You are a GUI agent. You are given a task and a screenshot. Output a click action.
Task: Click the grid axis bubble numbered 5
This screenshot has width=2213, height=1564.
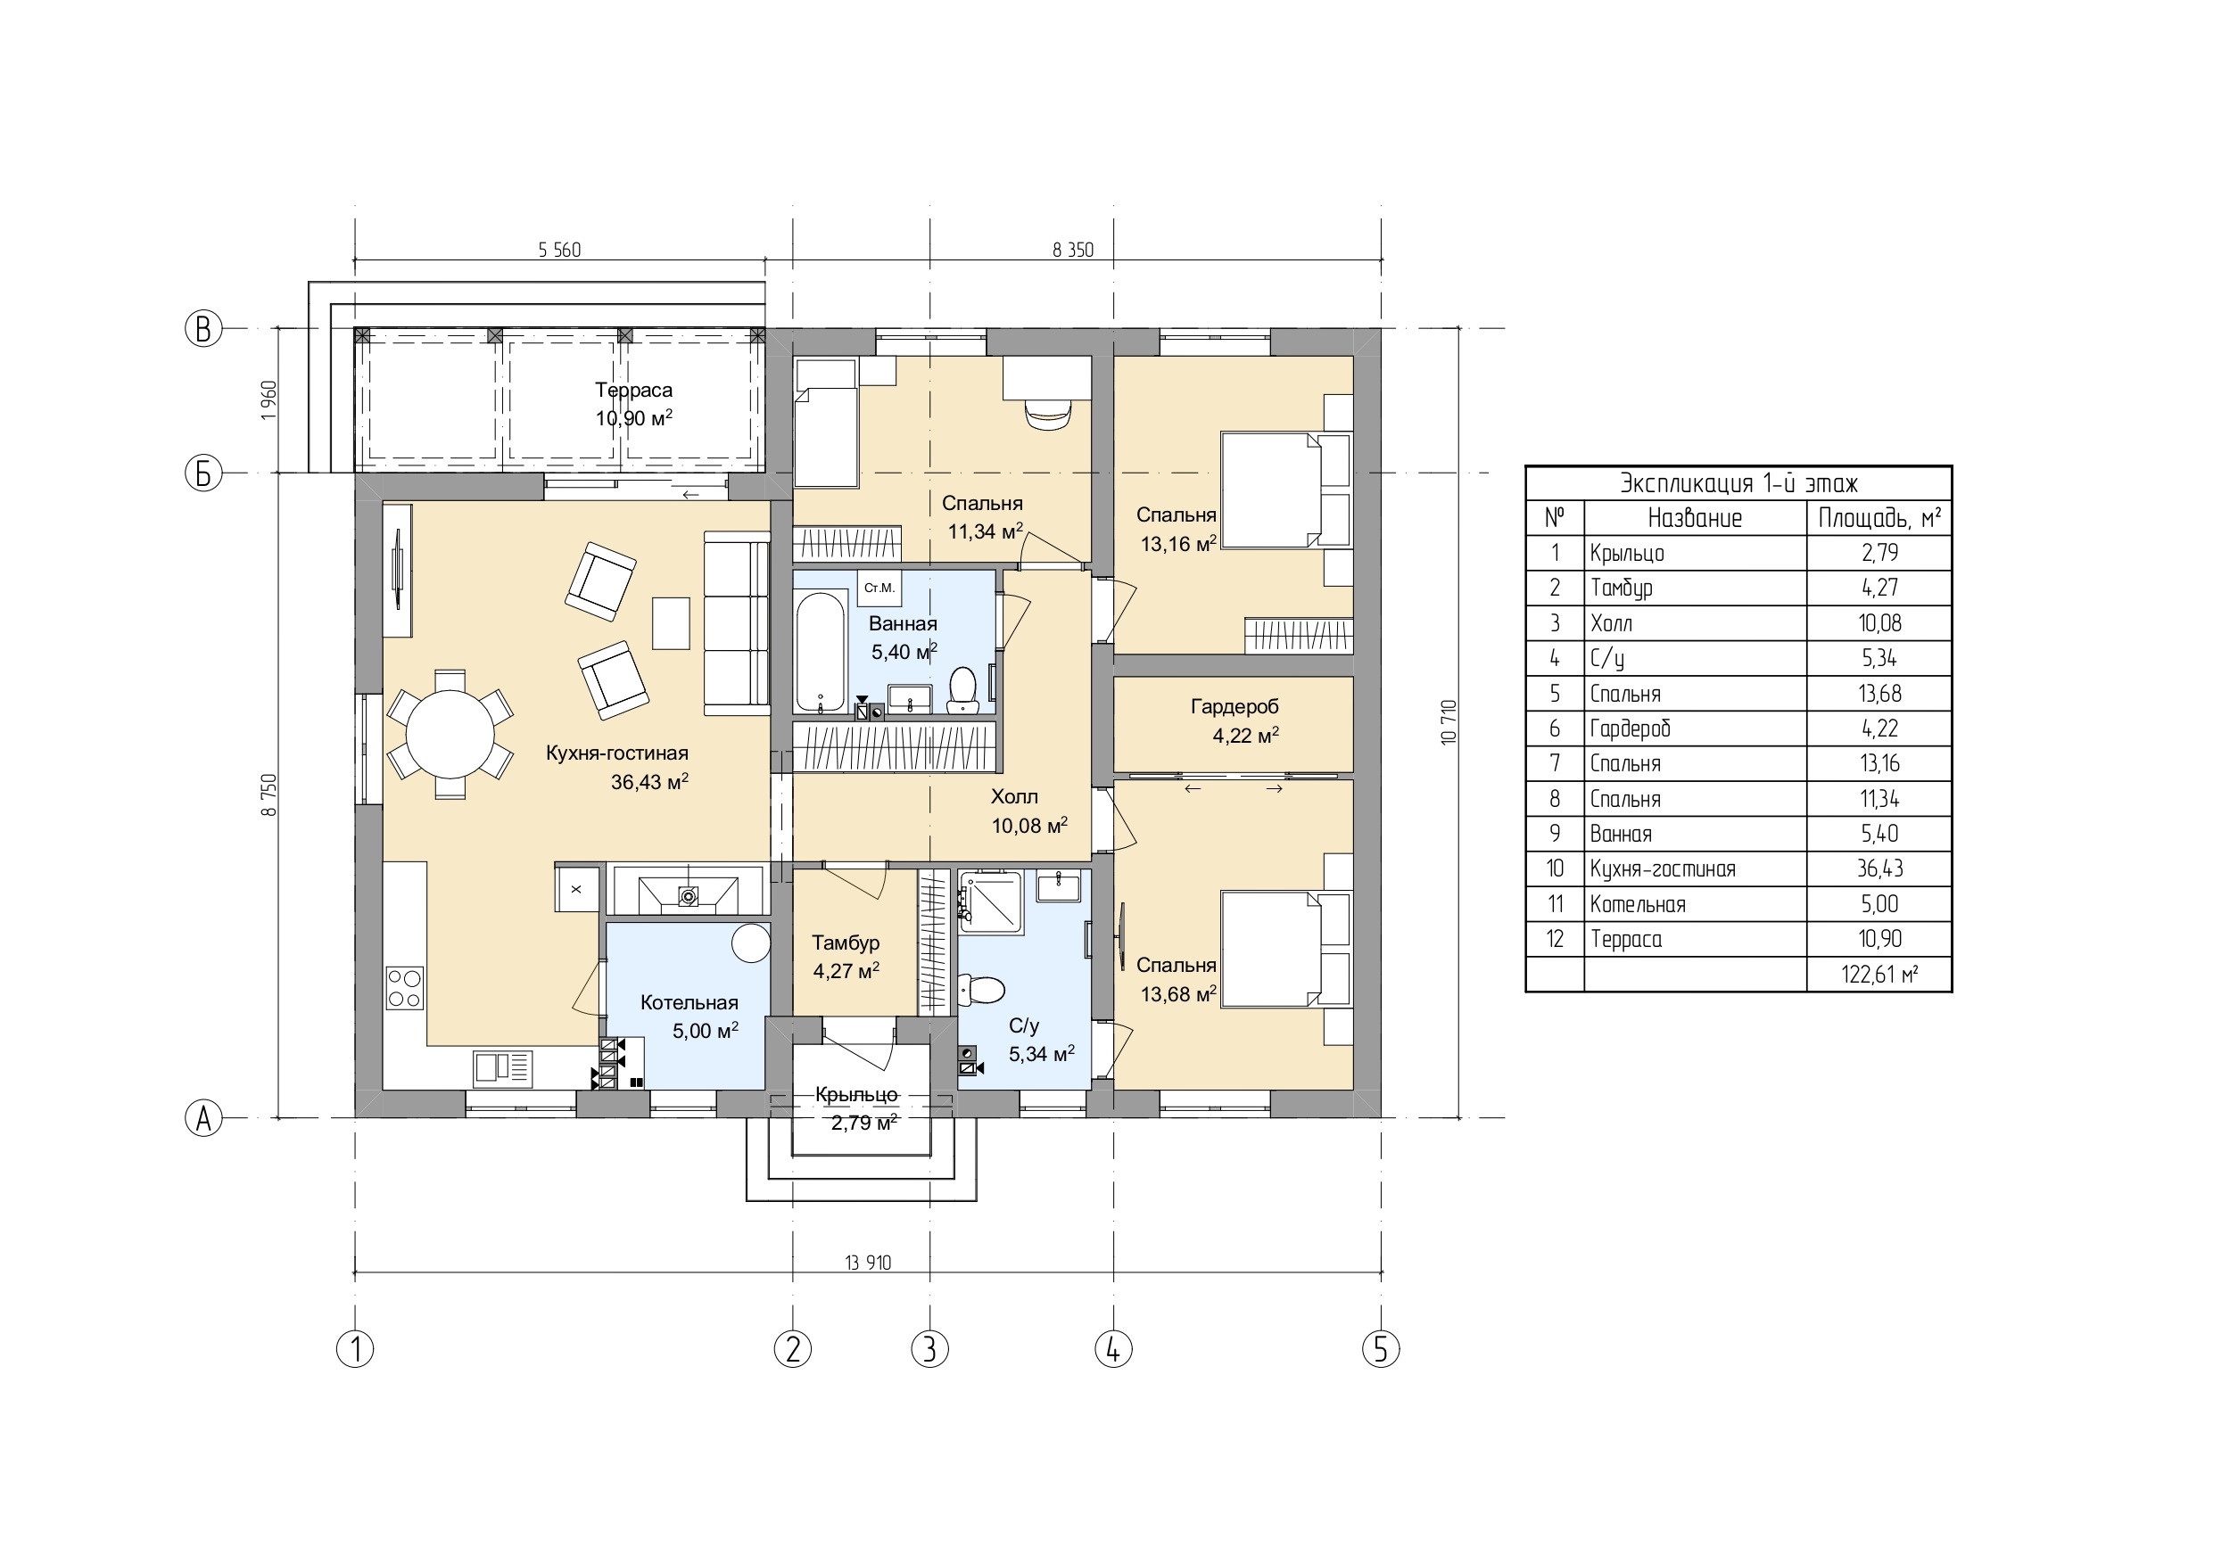[1380, 1349]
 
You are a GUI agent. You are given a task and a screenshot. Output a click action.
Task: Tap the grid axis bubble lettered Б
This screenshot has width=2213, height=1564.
[203, 473]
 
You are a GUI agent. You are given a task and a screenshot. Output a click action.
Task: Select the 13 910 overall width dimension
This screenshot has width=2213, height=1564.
[868, 1263]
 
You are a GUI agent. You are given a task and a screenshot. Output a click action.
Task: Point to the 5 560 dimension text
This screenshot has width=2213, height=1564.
[559, 251]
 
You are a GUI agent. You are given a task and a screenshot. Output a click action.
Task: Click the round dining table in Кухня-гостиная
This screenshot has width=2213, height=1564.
[450, 735]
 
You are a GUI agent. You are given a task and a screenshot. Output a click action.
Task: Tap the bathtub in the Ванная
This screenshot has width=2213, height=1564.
[821, 654]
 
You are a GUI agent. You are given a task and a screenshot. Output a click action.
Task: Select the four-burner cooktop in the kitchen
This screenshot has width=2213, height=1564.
[405, 988]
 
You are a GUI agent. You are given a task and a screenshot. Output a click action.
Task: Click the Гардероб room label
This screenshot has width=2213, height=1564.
[1234, 707]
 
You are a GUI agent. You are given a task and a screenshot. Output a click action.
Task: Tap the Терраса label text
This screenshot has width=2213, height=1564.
[633, 391]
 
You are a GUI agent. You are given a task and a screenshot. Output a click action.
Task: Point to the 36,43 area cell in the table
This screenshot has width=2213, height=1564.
[1879, 869]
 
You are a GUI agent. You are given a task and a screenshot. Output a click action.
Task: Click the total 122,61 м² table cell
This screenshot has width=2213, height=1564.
[1879, 975]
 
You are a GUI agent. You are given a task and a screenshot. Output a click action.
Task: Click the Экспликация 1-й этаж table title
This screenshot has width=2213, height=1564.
[1738, 482]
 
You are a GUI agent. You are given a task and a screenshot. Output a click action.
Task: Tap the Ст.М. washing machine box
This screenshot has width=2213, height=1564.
[879, 588]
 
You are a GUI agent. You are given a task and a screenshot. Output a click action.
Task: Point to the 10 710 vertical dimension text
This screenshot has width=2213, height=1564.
[1448, 721]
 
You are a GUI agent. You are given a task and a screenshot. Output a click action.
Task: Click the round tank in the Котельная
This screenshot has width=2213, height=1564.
[751, 943]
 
